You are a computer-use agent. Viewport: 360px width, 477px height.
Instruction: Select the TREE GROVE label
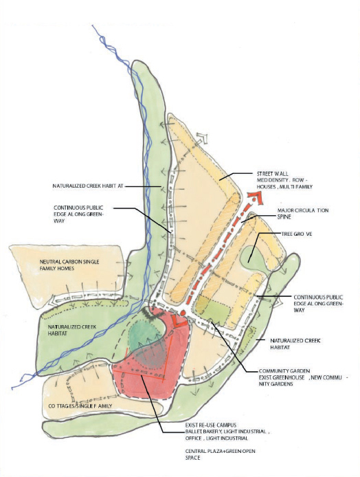click(x=297, y=234)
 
